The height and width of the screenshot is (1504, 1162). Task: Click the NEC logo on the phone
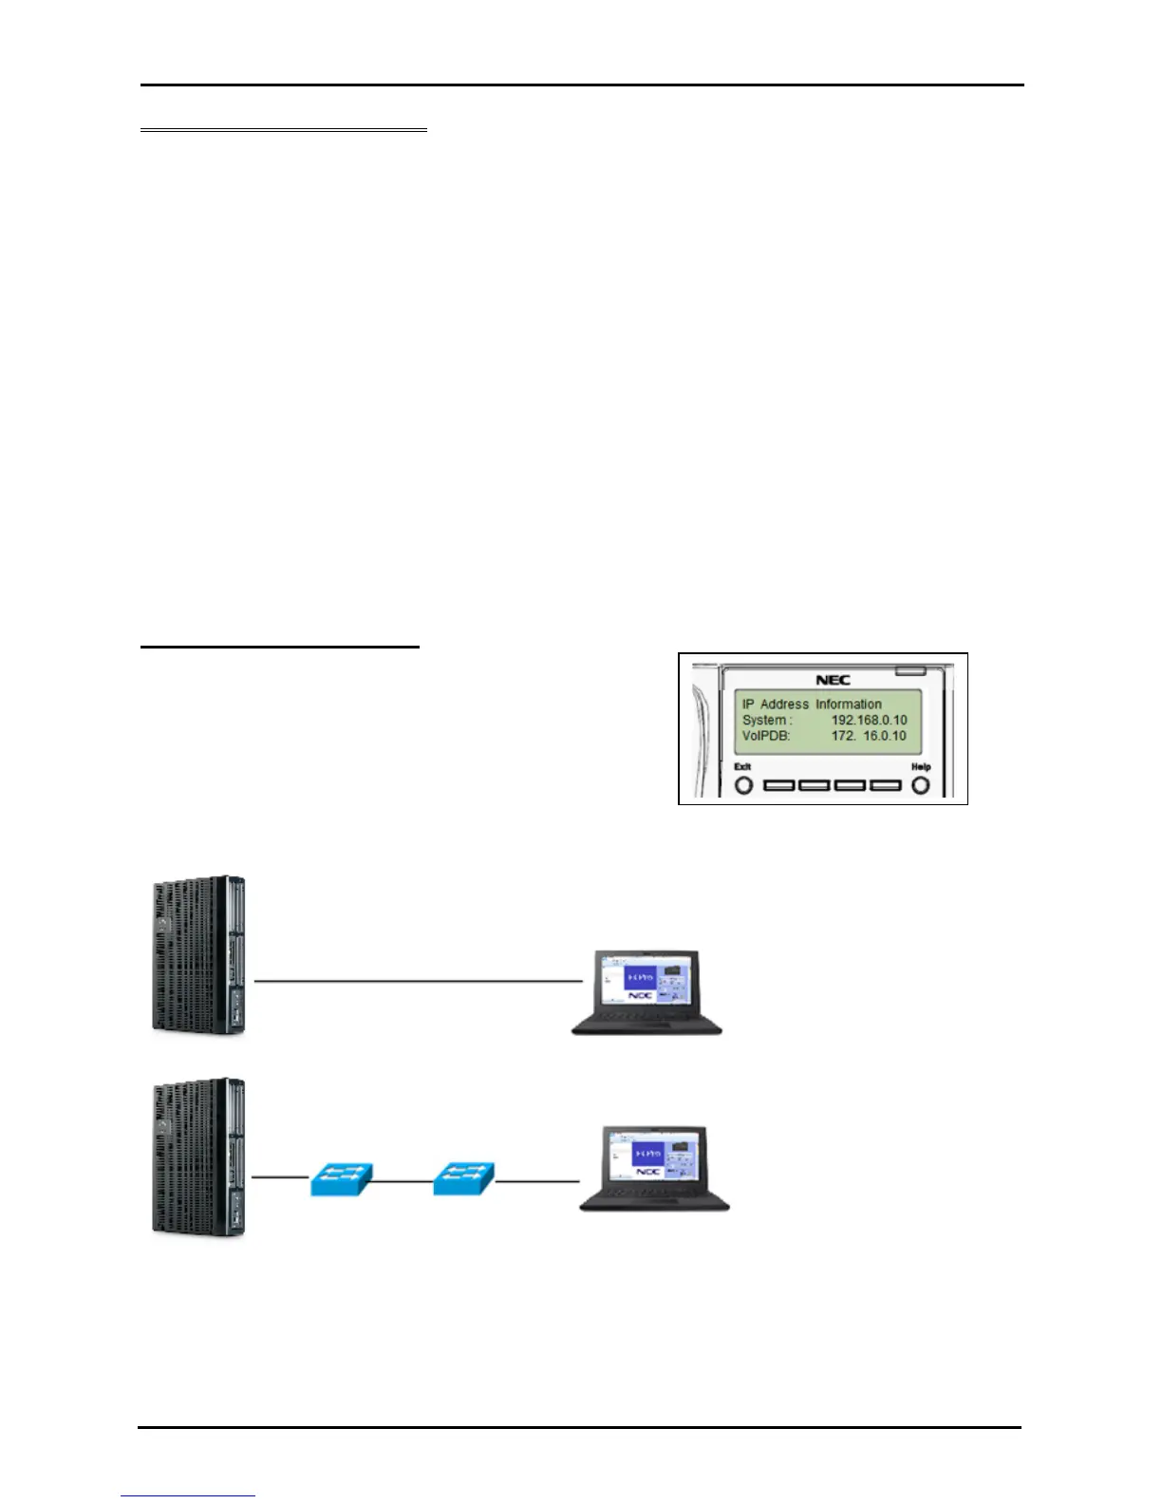(x=833, y=679)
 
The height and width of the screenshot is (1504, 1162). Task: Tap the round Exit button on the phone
(x=744, y=786)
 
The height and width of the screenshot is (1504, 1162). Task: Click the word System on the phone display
(x=765, y=720)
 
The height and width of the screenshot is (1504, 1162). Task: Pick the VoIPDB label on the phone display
(x=766, y=736)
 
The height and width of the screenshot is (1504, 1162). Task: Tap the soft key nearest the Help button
(x=885, y=786)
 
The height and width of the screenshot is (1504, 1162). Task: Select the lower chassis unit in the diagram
(x=198, y=1156)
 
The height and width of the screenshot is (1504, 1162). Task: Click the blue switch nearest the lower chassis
(x=341, y=1180)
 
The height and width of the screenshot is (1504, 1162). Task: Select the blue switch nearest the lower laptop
(x=463, y=1180)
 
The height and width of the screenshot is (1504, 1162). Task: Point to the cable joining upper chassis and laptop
(x=418, y=979)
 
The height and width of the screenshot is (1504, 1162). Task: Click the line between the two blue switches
(x=403, y=1181)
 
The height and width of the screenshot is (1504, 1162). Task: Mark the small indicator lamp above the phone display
(x=912, y=670)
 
